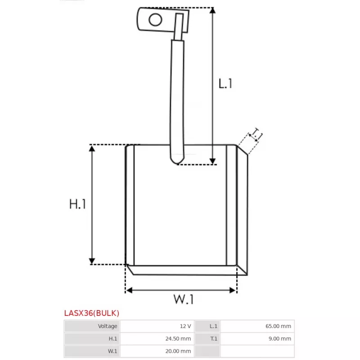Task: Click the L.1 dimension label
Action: [x=225, y=83]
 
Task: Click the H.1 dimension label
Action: [x=77, y=204]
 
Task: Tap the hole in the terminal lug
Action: [x=156, y=20]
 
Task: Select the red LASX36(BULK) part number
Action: [x=92, y=313]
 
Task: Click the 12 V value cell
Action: [x=185, y=326]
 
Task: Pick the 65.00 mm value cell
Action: [x=279, y=326]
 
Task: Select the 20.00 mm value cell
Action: [x=180, y=351]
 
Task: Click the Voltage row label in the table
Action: [x=108, y=326]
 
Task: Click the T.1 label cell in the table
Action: [x=213, y=339]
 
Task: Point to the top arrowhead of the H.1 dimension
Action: [x=92, y=148]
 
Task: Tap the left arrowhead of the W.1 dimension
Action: [x=129, y=290]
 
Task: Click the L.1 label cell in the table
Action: [x=213, y=326]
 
